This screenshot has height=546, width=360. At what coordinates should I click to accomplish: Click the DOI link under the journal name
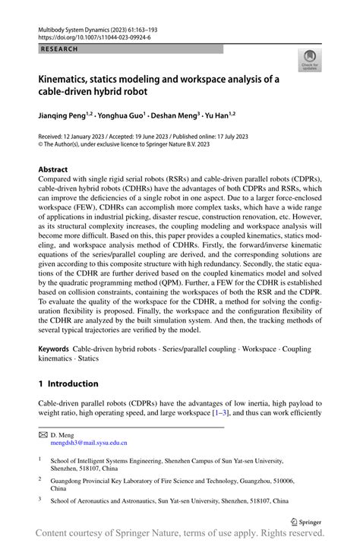(88, 36)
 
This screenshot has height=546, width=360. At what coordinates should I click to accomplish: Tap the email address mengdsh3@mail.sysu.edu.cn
(84, 442)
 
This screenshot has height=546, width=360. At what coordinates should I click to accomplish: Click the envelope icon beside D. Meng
(43, 434)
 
